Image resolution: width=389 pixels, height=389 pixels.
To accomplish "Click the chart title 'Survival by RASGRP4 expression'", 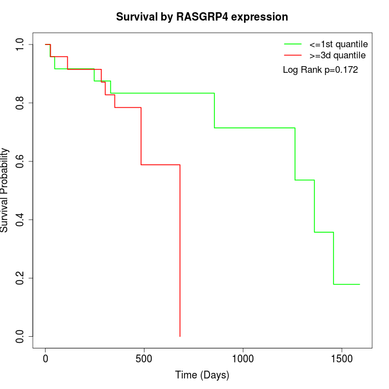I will click(202, 17).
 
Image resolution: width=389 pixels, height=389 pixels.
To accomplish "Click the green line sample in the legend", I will click(293, 44).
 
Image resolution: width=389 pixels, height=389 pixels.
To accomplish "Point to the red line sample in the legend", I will click(293, 56).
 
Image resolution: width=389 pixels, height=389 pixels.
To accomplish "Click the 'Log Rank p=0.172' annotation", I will click(321, 70).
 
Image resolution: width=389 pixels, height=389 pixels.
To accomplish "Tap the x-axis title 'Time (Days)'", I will click(202, 375).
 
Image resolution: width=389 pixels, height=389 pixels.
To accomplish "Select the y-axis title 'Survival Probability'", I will click(6, 190).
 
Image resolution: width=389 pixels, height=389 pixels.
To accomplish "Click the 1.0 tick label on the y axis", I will click(21, 44).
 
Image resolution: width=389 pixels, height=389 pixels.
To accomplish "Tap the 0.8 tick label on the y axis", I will click(21, 103).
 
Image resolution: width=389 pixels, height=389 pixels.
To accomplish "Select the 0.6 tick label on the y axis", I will click(21, 161).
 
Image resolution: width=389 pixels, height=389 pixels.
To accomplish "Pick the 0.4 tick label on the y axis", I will click(21, 220).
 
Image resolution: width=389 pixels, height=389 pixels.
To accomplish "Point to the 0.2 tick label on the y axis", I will click(21, 278).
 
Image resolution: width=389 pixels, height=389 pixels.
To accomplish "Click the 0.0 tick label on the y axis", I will click(21, 336).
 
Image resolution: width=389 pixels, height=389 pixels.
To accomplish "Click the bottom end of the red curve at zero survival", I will click(180, 336).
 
